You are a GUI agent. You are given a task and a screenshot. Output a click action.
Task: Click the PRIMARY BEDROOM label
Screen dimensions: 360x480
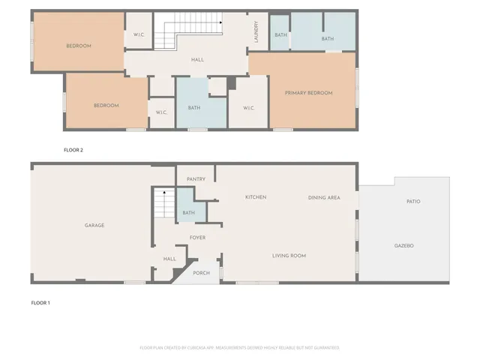(x=308, y=93)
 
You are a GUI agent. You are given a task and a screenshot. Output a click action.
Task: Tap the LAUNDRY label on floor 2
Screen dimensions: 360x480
(x=256, y=31)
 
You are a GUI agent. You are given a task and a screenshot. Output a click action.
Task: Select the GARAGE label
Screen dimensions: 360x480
(x=94, y=225)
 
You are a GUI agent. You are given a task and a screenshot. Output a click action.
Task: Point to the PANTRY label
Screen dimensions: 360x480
(x=196, y=179)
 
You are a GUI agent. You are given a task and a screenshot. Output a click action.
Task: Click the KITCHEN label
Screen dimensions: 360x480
(x=256, y=197)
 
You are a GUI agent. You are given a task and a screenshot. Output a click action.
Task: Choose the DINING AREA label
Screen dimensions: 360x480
(x=324, y=197)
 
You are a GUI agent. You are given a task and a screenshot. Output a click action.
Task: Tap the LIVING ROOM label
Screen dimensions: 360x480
(x=289, y=256)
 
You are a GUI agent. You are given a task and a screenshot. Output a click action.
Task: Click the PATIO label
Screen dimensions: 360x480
(x=412, y=201)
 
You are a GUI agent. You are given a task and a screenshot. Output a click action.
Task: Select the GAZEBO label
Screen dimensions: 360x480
(x=404, y=245)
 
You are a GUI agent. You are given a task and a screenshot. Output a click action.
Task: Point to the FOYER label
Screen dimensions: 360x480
(x=197, y=238)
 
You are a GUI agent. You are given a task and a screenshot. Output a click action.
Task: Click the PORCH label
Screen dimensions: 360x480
(x=201, y=273)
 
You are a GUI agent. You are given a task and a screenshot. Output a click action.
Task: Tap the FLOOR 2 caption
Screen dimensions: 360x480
(x=73, y=150)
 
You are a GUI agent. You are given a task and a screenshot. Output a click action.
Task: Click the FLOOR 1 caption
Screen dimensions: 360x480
(x=40, y=303)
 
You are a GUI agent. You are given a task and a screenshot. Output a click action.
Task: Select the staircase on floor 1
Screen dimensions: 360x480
(x=163, y=203)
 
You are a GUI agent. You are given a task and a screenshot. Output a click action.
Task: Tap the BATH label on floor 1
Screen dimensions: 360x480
(x=188, y=213)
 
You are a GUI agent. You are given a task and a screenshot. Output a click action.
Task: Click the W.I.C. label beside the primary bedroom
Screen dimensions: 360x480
(x=249, y=108)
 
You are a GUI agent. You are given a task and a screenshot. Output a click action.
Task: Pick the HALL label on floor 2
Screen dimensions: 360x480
(x=197, y=60)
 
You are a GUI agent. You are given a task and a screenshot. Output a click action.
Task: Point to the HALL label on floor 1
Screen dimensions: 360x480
(x=169, y=259)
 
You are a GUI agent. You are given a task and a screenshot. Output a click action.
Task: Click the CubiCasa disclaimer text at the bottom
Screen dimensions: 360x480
(x=239, y=347)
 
